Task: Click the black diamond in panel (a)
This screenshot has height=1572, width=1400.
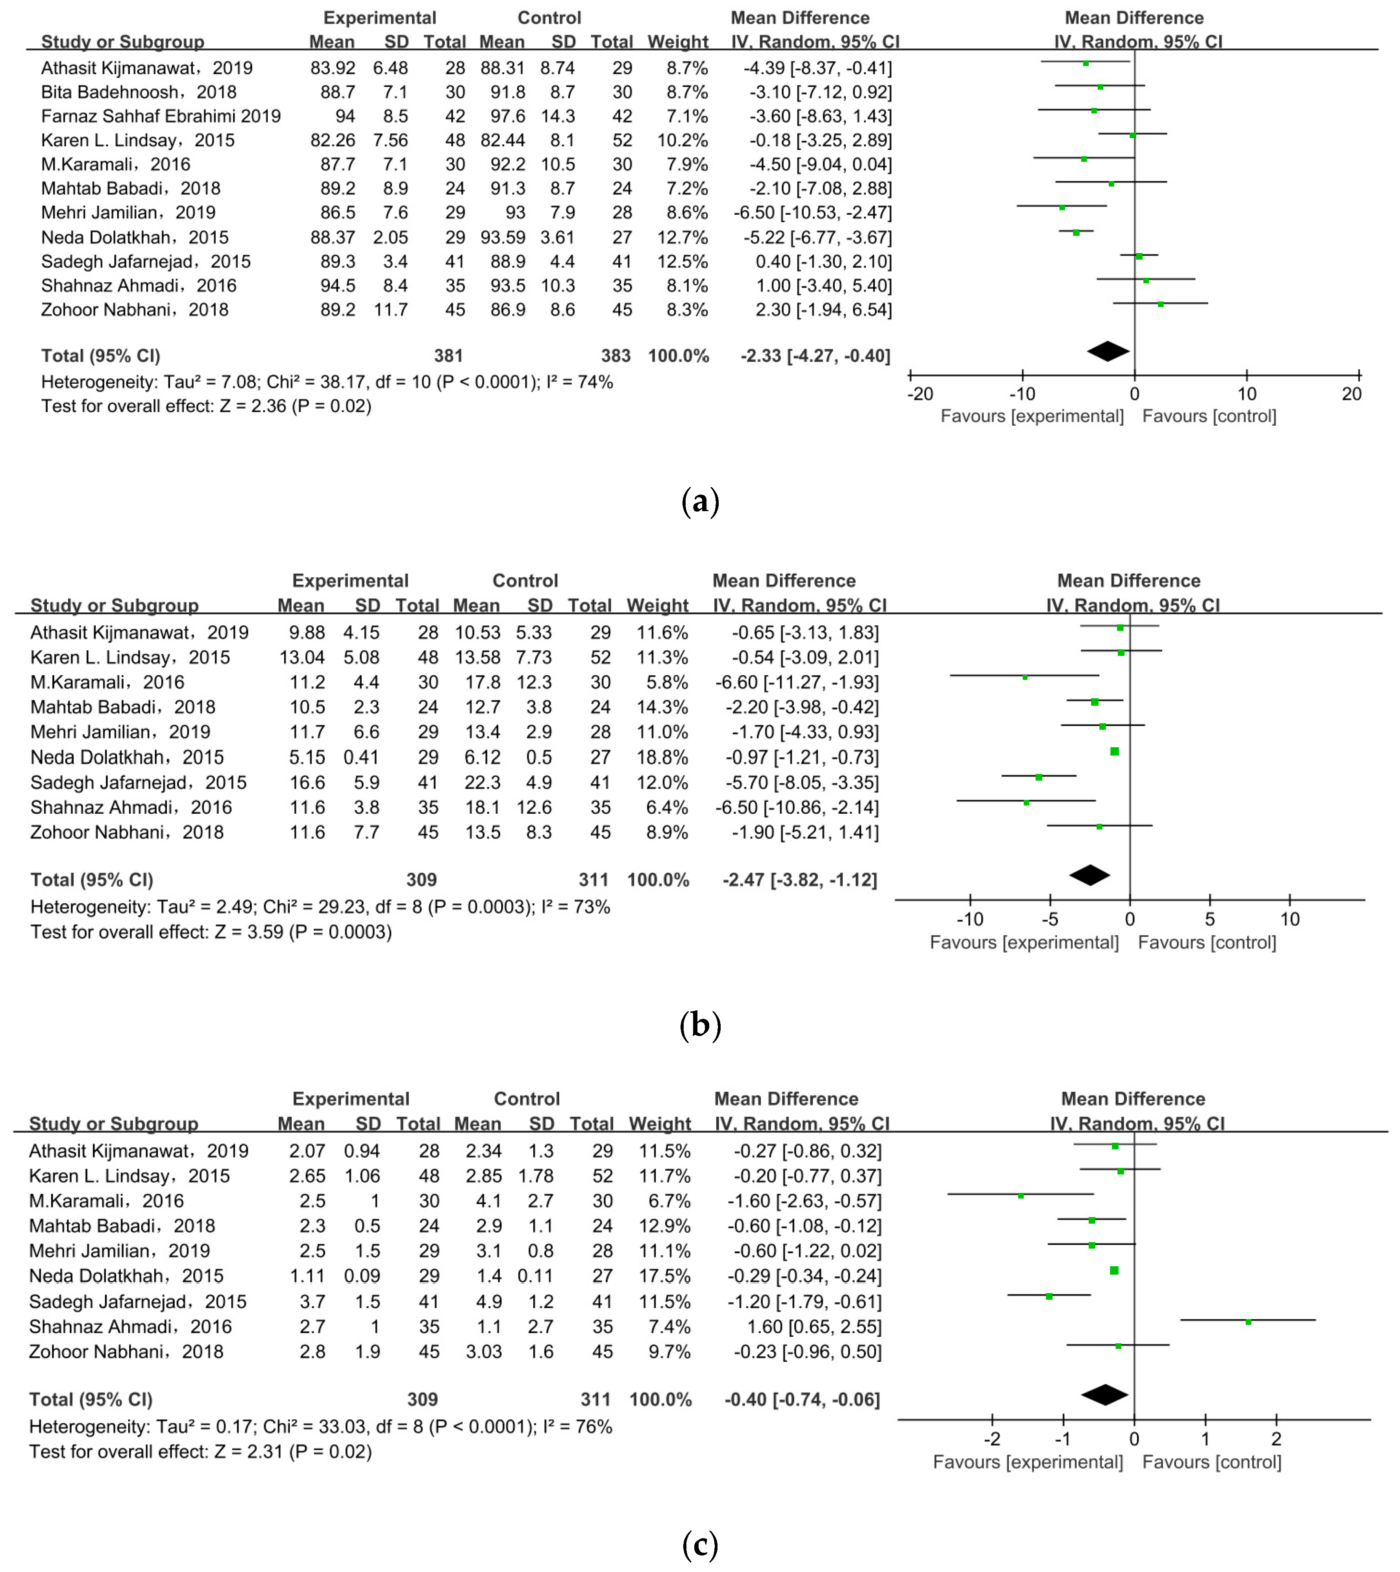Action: (1108, 351)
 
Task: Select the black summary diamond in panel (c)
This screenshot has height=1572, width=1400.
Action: (1105, 1395)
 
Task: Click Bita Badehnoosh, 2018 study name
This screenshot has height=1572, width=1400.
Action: (139, 92)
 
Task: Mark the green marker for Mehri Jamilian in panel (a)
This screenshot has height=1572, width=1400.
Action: (1062, 208)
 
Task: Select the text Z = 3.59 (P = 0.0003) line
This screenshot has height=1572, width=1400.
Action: (211, 932)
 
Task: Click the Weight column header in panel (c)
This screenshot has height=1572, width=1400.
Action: (659, 1124)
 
